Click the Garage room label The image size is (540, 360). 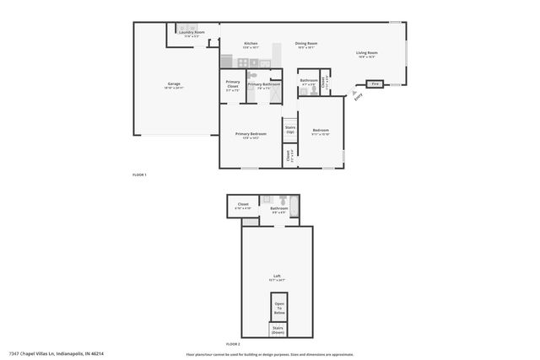(x=174, y=84)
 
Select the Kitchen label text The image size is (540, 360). (x=251, y=44)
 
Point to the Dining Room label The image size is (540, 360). (x=305, y=44)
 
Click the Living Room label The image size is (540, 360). (x=367, y=53)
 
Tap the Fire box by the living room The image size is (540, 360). (x=374, y=83)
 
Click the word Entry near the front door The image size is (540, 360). (x=358, y=97)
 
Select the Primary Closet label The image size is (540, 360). (x=232, y=84)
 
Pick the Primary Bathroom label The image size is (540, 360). (x=264, y=84)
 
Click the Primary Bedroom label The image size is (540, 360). (x=251, y=135)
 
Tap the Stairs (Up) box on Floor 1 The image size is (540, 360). (x=289, y=131)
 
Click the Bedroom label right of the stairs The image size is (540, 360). (x=320, y=132)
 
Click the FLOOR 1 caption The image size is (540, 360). (x=139, y=175)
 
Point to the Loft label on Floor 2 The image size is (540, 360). (x=277, y=276)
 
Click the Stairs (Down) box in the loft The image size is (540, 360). (x=278, y=330)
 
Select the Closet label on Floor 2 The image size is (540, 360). (x=243, y=205)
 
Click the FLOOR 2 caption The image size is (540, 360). (x=233, y=345)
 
